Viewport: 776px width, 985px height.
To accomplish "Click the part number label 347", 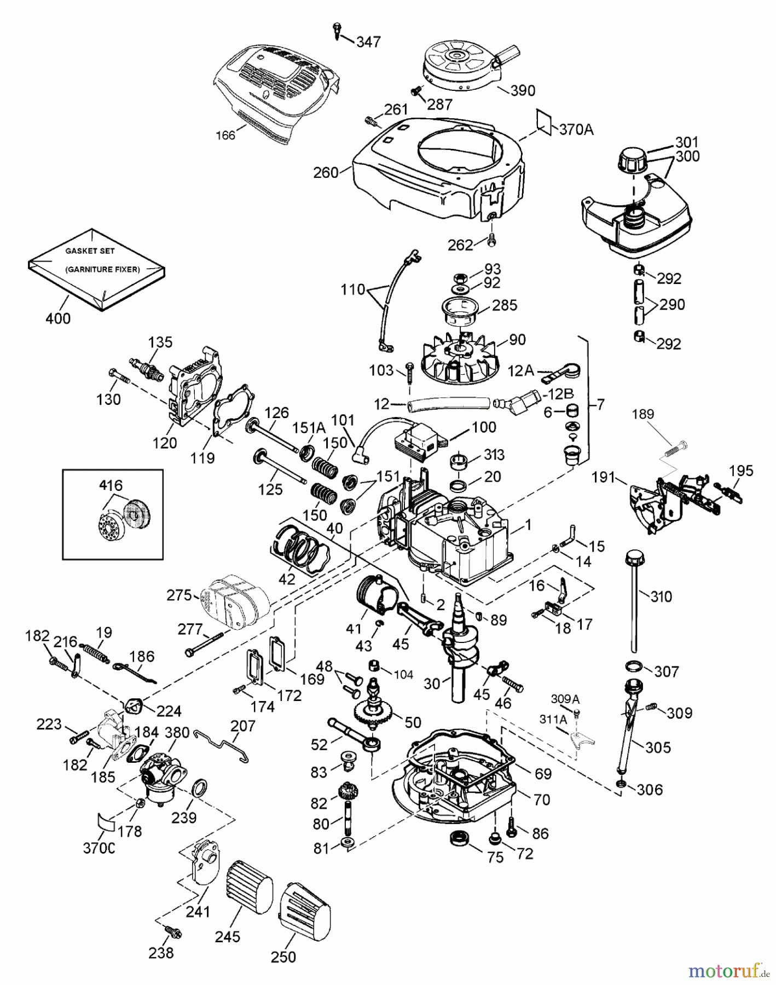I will (x=368, y=42).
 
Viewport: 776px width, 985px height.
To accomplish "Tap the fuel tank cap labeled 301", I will (x=632, y=160).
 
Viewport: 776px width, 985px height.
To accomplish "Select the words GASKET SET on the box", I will (x=90, y=251).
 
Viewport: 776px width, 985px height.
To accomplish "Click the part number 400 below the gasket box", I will (x=58, y=318).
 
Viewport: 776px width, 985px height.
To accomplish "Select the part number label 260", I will (x=326, y=173).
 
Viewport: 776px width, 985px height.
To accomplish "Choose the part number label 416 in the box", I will (x=111, y=485).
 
